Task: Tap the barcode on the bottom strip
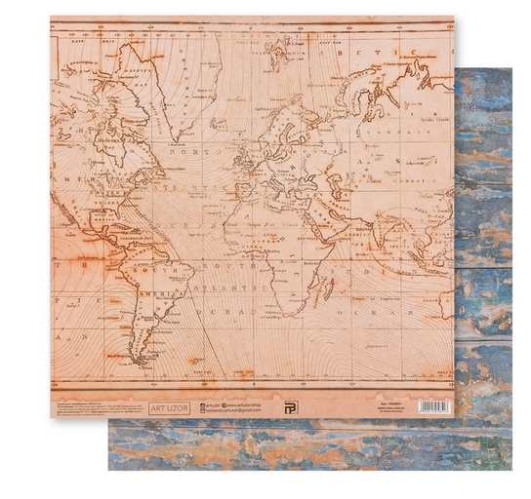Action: pyautogui.click(x=434, y=405)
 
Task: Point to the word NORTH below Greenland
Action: pyautogui.click(x=186, y=153)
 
